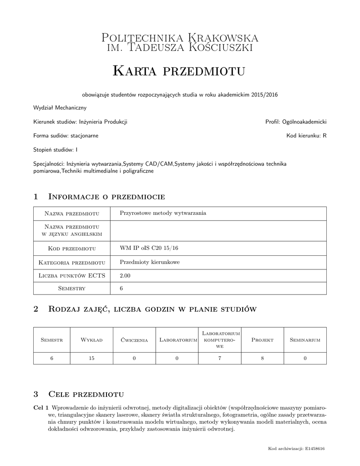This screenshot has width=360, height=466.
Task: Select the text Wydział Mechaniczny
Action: point(60,108)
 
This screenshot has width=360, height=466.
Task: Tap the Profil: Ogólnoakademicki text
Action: point(296,122)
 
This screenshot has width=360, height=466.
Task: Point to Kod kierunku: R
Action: point(306,136)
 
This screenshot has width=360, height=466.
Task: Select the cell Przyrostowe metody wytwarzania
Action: point(163,213)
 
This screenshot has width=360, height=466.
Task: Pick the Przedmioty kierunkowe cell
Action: point(149,262)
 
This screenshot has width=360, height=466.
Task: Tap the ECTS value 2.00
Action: point(125,275)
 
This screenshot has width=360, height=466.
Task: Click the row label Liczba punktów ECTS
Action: point(72,275)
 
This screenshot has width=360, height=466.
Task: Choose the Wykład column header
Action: point(91,340)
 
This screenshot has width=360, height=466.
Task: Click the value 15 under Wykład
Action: point(91,359)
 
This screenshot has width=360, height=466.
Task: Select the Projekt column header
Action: point(262,340)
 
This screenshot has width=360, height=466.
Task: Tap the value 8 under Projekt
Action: point(263,359)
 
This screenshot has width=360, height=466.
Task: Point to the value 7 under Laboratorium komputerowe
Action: point(220,359)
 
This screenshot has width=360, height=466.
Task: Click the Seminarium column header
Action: point(305,340)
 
